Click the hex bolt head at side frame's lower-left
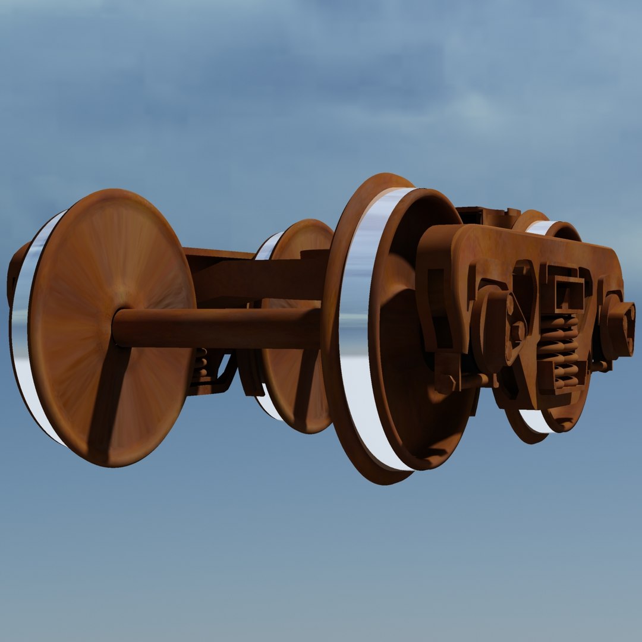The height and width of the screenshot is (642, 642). point(446,380)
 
